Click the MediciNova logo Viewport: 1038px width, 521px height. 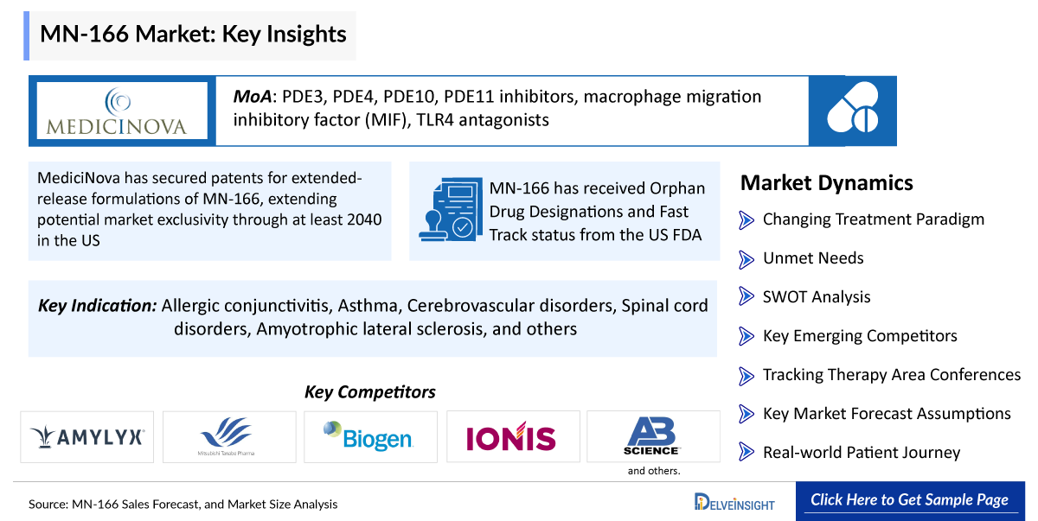tap(118, 111)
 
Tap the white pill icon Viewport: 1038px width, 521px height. tap(853, 107)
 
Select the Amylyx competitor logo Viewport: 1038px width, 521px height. tap(87, 437)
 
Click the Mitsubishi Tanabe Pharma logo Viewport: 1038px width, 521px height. tap(227, 436)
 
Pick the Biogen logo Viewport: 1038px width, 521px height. tap(368, 435)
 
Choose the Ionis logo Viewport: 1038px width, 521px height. tap(510, 436)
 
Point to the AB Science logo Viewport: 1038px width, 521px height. tap(651, 435)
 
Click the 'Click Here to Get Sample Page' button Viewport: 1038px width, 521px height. tap(910, 500)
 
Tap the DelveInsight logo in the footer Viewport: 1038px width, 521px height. tap(734, 502)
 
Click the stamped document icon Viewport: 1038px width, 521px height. tap(451, 210)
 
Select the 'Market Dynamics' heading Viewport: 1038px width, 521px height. tap(827, 183)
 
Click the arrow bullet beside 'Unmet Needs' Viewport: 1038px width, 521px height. tap(746, 259)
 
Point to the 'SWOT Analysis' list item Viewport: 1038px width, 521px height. tap(817, 297)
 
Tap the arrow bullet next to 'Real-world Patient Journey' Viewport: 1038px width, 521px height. tap(746, 452)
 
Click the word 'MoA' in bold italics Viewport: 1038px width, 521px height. tap(252, 97)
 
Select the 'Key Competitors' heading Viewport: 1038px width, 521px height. tap(370, 392)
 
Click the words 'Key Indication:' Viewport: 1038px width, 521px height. tap(97, 305)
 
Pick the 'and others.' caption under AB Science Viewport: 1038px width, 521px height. tap(654, 471)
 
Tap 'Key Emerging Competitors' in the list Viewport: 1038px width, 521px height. tap(860, 336)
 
